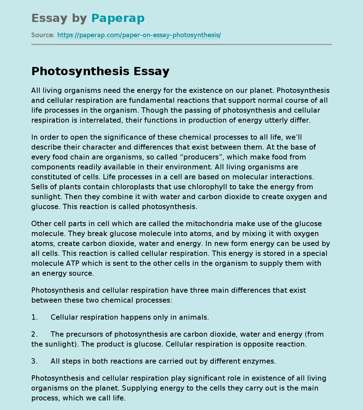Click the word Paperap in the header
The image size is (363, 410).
tap(118, 18)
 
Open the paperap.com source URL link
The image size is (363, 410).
tap(139, 35)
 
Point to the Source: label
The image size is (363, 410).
tap(43, 35)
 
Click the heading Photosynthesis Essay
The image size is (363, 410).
tap(100, 72)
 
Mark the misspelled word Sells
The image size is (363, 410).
tap(40, 187)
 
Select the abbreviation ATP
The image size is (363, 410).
tap(76, 264)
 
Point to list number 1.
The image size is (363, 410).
tap(34, 318)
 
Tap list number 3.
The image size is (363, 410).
tap(34, 361)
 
